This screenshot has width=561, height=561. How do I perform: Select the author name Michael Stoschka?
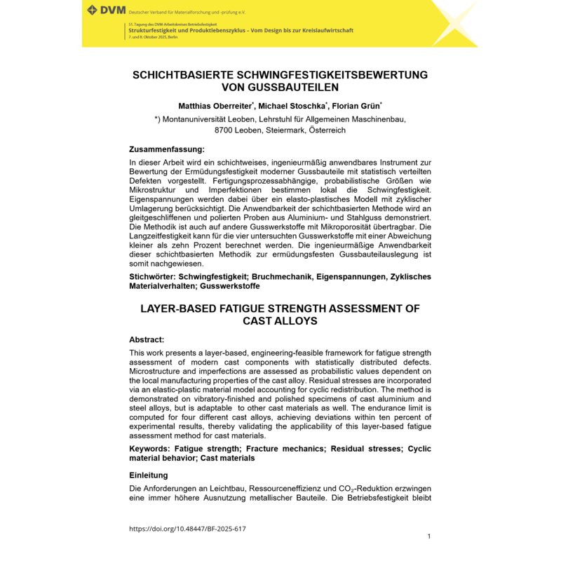[x=293, y=105]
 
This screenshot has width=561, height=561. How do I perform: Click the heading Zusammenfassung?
[x=167, y=149]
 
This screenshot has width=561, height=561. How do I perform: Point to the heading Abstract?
[x=147, y=339]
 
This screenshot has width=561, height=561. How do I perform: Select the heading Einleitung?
[x=149, y=475]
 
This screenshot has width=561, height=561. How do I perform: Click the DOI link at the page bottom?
[x=187, y=529]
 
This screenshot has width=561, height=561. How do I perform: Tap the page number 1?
[x=428, y=536]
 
